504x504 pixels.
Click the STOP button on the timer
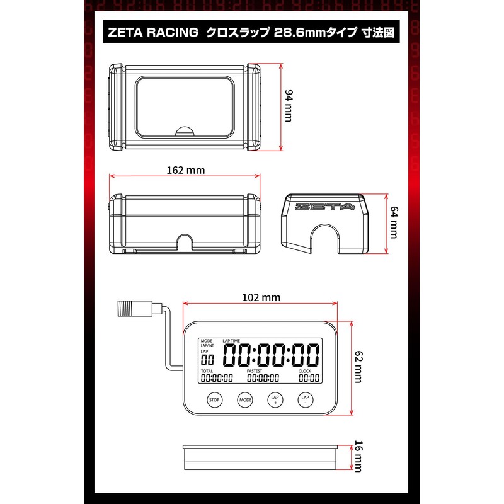[214, 400]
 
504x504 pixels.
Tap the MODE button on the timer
[245, 400]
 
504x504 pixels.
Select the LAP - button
[305, 400]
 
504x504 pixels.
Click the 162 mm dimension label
[186, 170]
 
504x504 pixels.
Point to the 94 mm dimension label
[289, 106]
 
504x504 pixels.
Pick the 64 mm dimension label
[394, 222]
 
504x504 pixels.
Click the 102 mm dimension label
[261, 297]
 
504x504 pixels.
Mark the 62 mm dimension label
[358, 367]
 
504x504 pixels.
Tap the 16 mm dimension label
[358, 456]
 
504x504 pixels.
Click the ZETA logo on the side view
[324, 207]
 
